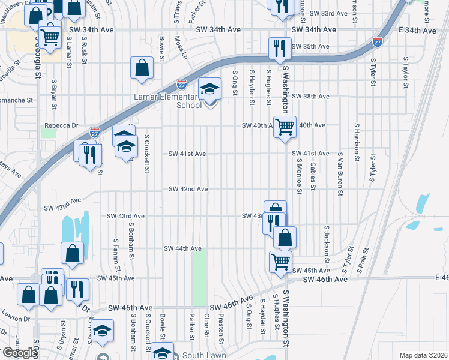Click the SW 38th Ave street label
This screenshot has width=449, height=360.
point(310,96)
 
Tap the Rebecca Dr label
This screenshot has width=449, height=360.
point(62,125)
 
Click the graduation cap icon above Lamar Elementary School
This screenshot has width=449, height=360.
point(209,90)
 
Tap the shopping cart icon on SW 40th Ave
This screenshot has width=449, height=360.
point(285,126)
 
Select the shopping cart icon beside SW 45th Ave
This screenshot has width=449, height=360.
point(280,262)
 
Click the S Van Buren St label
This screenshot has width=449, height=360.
point(340,174)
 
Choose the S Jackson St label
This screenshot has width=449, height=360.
point(327,244)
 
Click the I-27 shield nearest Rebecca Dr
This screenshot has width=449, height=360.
point(94,131)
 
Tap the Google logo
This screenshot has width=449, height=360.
point(19,353)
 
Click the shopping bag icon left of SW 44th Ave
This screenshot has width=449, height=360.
point(72,253)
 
